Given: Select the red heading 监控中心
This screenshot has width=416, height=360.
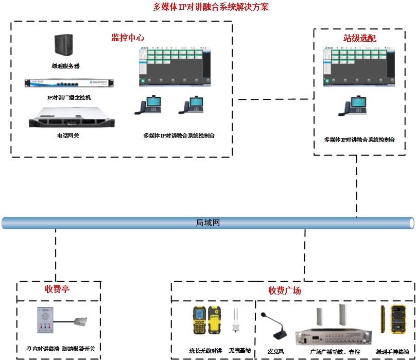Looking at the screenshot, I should (x=128, y=38).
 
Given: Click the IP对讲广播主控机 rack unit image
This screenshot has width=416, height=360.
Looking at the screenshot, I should (x=68, y=83).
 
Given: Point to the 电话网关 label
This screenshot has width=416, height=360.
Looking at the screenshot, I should (x=68, y=136).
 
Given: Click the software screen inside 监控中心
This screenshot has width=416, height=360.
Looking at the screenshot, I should (x=175, y=67).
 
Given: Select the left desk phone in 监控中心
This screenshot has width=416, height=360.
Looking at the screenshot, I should (x=147, y=106).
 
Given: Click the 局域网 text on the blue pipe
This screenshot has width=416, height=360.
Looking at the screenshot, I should (x=208, y=223).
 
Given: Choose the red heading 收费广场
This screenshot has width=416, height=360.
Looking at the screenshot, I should (x=285, y=290).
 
